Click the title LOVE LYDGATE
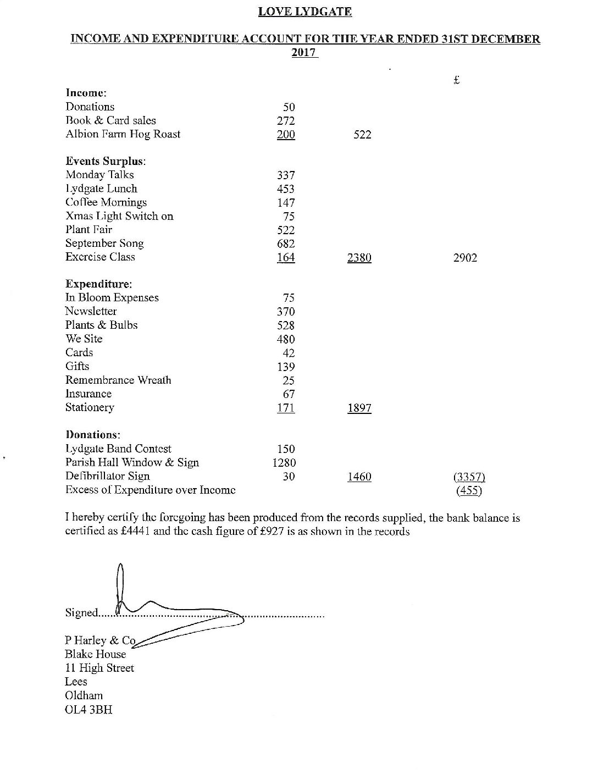(305, 12)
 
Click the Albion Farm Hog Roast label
(123, 134)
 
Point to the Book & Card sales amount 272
(286, 121)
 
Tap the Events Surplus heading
(106, 161)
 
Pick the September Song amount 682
(286, 244)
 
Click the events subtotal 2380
(359, 257)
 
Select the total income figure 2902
(465, 257)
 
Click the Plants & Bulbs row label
(101, 325)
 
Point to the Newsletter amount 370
(286, 312)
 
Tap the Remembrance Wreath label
(118, 380)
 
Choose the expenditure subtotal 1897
(359, 408)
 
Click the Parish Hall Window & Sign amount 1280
(284, 463)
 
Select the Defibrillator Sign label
(107, 476)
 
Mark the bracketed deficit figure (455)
(469, 490)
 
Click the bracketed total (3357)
(469, 477)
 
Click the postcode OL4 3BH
(88, 710)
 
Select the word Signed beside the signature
(81, 612)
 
